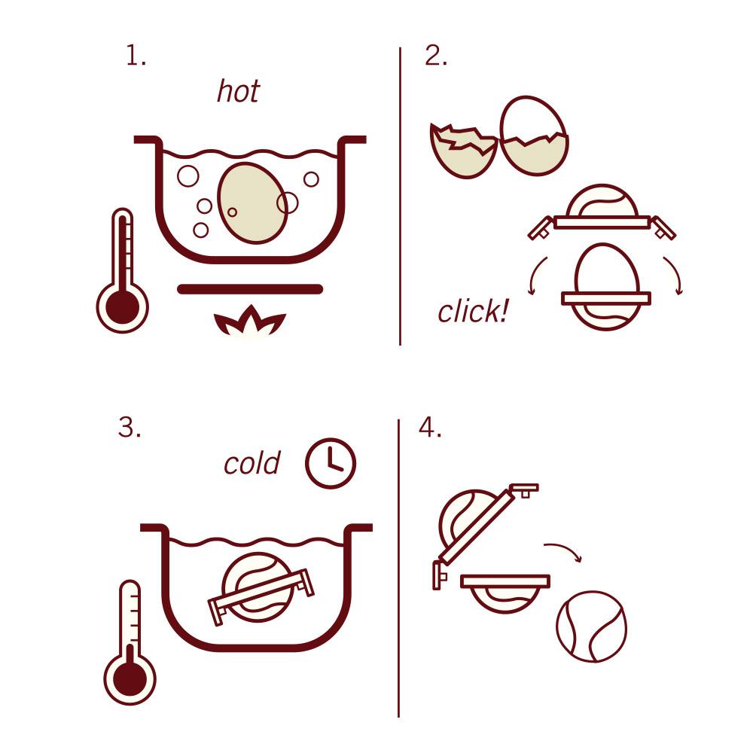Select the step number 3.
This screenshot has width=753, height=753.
[x=130, y=428]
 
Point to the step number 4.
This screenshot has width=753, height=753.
[x=429, y=428]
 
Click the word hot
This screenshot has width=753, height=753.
[x=238, y=91]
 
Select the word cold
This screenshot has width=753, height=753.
[x=252, y=463]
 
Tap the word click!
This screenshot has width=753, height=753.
[x=473, y=311]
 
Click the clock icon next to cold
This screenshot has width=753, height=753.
[x=330, y=462]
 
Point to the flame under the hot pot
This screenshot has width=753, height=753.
[x=250, y=322]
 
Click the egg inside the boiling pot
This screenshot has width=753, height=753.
[x=252, y=203]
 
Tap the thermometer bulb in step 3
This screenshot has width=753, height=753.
[x=130, y=677]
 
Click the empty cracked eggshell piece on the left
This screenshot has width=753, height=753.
[x=462, y=153]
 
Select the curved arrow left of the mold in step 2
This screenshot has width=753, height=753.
[x=535, y=276]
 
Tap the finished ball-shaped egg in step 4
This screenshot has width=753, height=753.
[x=592, y=626]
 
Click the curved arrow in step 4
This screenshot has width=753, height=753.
[x=565, y=550]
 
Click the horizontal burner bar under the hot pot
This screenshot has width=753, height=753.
[x=250, y=289]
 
